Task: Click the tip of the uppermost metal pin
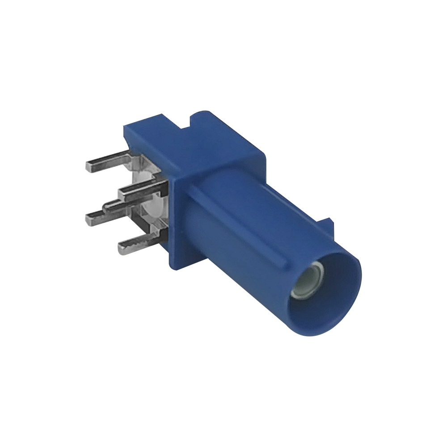(x=89, y=165)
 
